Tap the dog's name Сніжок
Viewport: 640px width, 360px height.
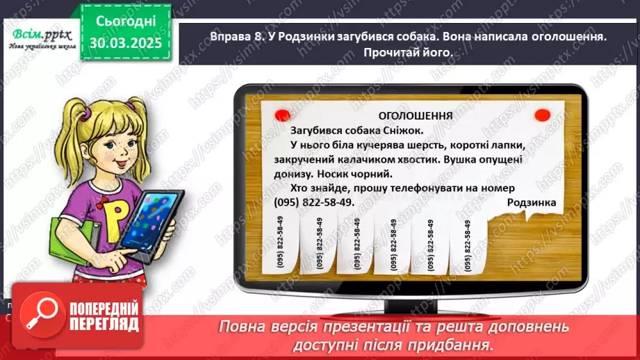(422, 129)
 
